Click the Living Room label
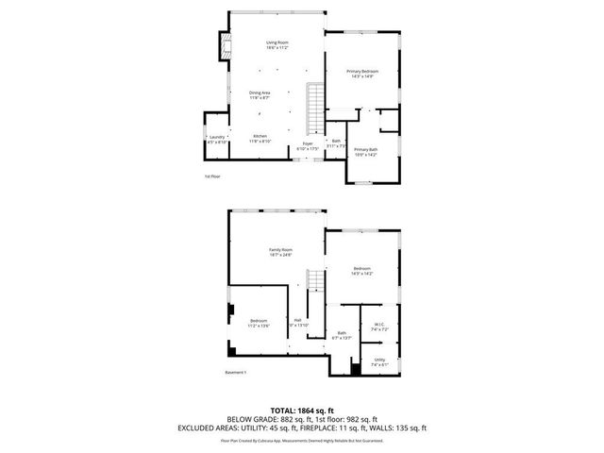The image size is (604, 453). [x=277, y=45]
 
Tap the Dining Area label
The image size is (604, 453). [x=260, y=95]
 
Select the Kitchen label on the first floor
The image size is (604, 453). [x=260, y=139]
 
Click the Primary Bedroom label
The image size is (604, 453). [x=362, y=75]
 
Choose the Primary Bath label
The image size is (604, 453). [x=365, y=152]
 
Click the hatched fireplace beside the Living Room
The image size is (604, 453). [x=225, y=48]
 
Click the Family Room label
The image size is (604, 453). [x=280, y=252]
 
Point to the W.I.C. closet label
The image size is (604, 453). [x=378, y=327]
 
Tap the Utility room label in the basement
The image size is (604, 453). [x=378, y=361]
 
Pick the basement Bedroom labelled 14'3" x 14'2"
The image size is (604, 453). [x=362, y=271]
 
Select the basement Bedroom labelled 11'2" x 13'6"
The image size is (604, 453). [x=260, y=323]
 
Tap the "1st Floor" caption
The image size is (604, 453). [x=214, y=176]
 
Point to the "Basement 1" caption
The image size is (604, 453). [x=236, y=373]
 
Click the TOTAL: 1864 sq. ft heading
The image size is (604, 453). [x=301, y=410]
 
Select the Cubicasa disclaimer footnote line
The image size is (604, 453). [x=301, y=440]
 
